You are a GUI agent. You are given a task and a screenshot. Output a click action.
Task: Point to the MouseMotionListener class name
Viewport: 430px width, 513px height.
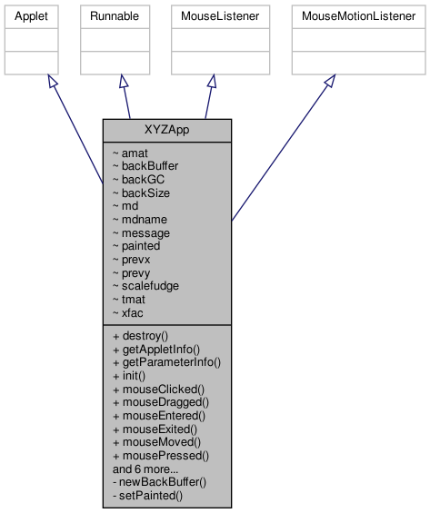(x=357, y=17)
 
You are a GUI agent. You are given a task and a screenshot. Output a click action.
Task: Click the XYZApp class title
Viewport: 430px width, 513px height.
(x=166, y=130)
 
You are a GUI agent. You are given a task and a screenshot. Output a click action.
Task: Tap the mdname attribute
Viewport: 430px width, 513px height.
(x=137, y=219)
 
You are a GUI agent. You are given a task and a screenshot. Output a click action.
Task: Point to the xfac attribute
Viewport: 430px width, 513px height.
(x=128, y=311)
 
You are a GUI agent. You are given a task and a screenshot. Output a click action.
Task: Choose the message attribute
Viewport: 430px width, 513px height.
(x=141, y=232)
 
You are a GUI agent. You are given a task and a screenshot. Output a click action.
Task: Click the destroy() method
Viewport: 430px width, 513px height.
(x=140, y=335)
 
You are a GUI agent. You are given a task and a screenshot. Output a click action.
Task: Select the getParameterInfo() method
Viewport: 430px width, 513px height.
(x=166, y=361)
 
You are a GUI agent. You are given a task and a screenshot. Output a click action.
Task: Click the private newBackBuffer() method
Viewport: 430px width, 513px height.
(x=158, y=482)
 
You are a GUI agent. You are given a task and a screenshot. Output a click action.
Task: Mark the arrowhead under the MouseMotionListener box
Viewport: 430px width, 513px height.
(x=330, y=82)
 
